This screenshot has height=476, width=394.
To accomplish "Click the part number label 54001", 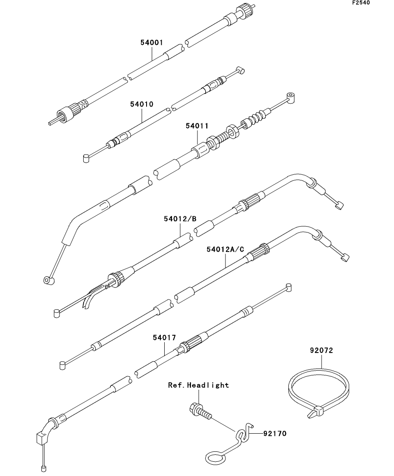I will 151,42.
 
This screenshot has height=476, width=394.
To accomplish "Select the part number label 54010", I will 142,104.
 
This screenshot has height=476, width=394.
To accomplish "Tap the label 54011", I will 197,126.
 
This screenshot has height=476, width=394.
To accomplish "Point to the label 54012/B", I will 180,219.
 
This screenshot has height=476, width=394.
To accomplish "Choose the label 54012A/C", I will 225,249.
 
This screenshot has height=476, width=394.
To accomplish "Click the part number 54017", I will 164,337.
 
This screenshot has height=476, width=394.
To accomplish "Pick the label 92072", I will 321,350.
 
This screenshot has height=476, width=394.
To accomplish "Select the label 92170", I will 274,432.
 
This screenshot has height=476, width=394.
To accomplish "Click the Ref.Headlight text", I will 198,385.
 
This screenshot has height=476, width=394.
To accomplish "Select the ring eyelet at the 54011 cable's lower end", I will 48,281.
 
